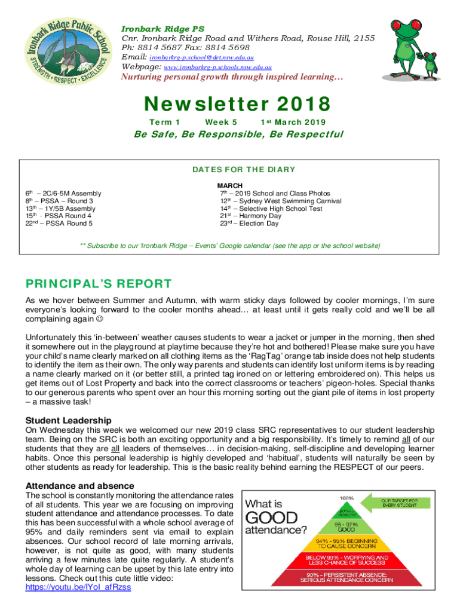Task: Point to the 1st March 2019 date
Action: coord(293,122)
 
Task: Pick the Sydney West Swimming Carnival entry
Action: coord(280,201)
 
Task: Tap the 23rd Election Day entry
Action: coord(249,224)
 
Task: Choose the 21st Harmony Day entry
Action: coord(250,216)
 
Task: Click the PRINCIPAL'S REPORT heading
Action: coord(98,284)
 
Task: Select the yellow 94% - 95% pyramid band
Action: coord(346,543)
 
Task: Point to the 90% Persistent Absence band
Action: coord(346,578)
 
